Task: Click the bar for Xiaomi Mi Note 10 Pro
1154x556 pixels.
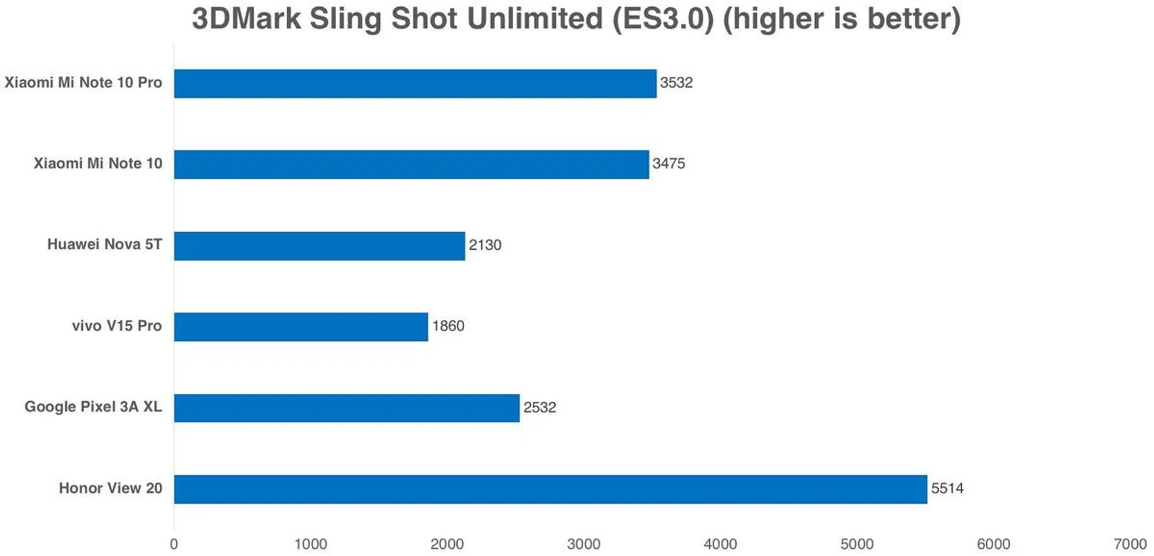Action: (415, 83)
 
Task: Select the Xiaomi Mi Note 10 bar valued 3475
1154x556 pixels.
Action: (411, 165)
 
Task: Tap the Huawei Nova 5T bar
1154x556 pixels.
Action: (319, 246)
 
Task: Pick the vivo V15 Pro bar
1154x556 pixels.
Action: (301, 327)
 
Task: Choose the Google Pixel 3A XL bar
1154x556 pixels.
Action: (346, 408)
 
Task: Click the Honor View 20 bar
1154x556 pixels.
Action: (550, 489)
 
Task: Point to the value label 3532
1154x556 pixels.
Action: (676, 83)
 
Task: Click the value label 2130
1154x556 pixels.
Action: (485, 245)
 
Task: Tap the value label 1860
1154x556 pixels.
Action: (448, 326)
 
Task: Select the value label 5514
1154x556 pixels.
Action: (947, 488)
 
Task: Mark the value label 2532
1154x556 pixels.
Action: (540, 407)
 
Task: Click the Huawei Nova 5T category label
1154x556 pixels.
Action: (105, 244)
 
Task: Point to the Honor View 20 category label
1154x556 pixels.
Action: (111, 488)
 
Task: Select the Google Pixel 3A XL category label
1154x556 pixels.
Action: (93, 406)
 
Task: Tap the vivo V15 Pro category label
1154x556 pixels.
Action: (117, 325)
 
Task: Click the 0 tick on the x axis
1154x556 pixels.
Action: (174, 544)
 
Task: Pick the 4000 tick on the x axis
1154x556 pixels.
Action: (720, 544)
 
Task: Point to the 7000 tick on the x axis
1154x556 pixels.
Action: (1130, 544)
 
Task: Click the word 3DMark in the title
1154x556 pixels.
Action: (246, 19)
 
